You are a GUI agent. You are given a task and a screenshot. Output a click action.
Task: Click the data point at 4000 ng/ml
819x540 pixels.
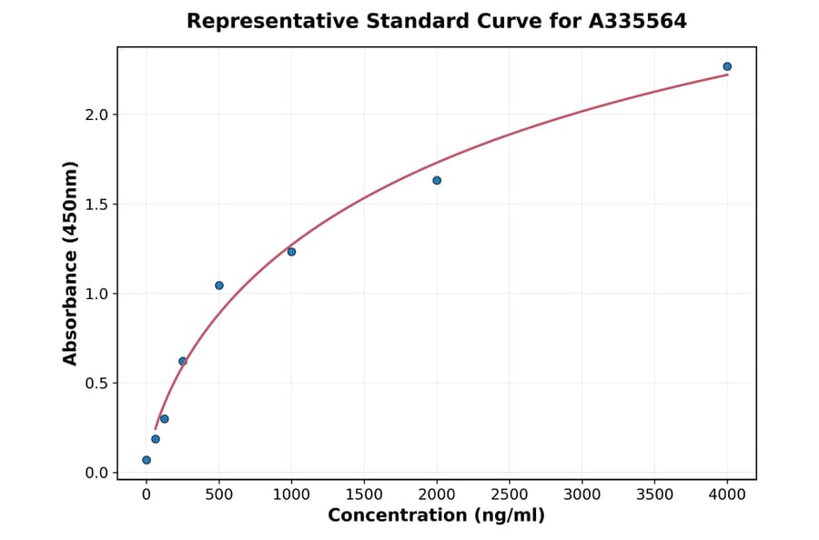click(727, 66)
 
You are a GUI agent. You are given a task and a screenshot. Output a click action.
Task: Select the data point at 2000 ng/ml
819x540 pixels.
click(437, 180)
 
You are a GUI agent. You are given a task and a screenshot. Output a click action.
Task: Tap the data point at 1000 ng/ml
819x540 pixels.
click(291, 252)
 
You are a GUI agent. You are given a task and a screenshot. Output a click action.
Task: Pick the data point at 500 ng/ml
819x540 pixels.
click(219, 285)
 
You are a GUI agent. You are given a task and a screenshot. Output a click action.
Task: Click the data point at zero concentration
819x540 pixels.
click(147, 460)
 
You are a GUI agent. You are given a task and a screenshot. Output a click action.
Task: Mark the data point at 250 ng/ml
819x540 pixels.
click(183, 361)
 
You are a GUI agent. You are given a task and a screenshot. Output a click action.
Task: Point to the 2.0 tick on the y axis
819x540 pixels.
click(96, 115)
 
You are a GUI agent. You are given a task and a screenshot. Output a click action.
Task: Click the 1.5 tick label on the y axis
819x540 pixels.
click(96, 205)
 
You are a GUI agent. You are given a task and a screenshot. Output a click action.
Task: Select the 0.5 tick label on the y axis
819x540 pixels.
click(96, 384)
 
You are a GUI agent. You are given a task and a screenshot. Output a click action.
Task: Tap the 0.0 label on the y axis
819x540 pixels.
click(96, 473)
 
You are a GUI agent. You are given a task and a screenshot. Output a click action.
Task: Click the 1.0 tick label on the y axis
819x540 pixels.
click(96, 294)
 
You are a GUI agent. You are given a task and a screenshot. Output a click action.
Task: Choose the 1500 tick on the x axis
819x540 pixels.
click(364, 495)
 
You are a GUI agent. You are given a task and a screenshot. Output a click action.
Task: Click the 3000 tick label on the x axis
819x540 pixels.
click(582, 495)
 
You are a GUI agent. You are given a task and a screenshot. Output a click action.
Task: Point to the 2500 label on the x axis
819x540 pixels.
click(510, 495)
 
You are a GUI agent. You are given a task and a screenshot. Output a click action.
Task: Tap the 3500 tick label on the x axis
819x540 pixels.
click(655, 495)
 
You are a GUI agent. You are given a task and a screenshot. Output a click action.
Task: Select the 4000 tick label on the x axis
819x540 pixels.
click(727, 495)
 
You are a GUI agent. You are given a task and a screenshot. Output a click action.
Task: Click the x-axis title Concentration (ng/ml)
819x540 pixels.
click(436, 516)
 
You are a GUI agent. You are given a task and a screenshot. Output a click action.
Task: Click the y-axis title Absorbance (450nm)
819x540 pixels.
click(71, 263)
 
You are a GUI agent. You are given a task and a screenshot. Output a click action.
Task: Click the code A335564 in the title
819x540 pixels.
click(637, 21)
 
